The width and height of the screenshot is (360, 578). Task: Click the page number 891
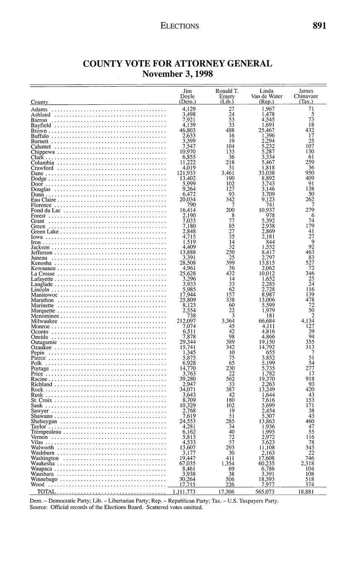pos(319,26)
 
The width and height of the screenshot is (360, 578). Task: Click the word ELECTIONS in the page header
pos(180,26)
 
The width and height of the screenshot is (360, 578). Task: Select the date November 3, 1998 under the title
pos(177,75)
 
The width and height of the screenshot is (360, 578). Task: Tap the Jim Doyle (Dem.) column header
pos(187,96)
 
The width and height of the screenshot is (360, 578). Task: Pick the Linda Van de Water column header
pos(267,96)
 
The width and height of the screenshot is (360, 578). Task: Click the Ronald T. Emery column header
pos(227,96)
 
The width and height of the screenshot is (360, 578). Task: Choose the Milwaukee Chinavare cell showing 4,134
pos(308,321)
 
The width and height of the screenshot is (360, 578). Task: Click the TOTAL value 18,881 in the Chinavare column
pos(306,492)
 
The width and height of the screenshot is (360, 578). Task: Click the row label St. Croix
pos(41,400)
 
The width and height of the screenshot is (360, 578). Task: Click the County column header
pos(39,102)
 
